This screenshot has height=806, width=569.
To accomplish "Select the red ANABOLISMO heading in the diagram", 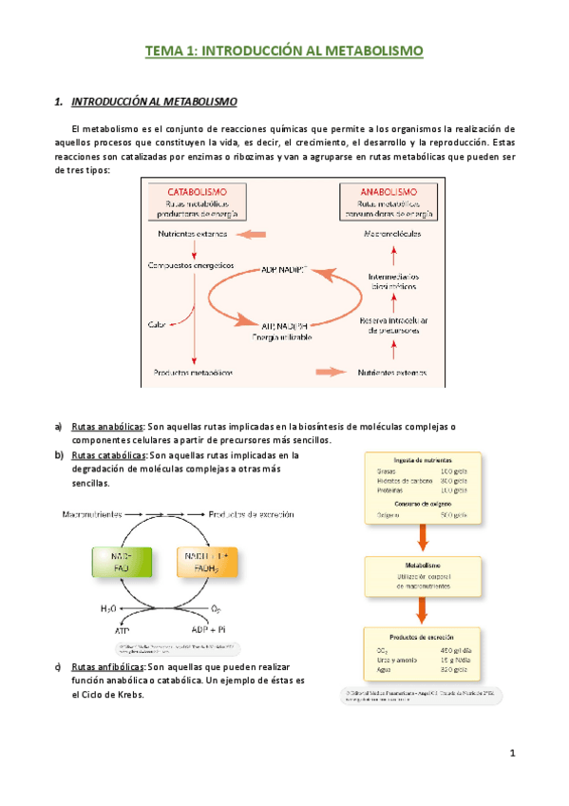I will tap(389, 191).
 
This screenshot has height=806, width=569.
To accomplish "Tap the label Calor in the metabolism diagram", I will tap(159, 323).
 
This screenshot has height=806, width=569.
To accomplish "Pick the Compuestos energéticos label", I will tap(191, 266).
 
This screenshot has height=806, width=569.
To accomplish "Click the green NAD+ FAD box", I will tap(121, 562).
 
